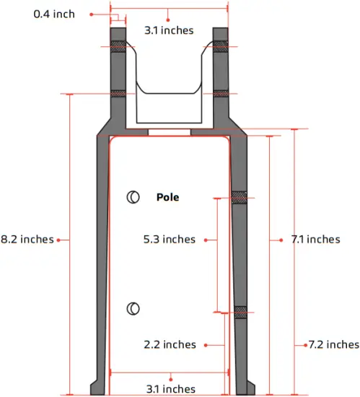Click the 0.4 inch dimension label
[54, 14]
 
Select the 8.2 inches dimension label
[27, 239]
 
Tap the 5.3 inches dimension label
[169, 239]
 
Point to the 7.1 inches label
[315, 239]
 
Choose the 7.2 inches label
[333, 344]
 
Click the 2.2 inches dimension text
[170, 344]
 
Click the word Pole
[167, 196]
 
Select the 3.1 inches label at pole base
[170, 388]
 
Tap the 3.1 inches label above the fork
[169, 30]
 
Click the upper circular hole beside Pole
[133, 196]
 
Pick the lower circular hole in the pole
[133, 309]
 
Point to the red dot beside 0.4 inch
[92, 14]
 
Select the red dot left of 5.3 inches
[206, 239]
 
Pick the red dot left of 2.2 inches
[206, 344]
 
